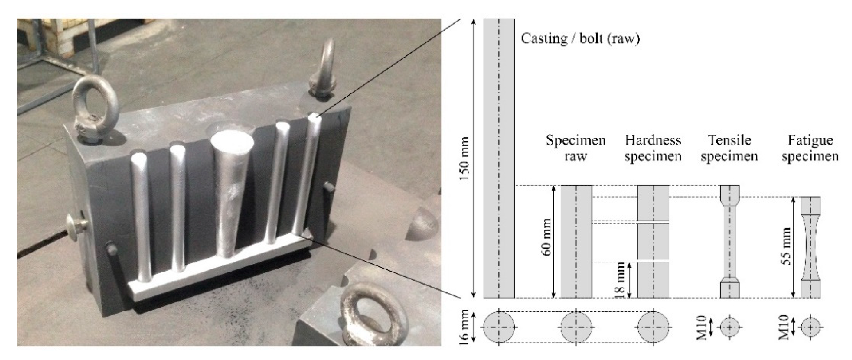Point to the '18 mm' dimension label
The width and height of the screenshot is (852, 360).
(x=620, y=280)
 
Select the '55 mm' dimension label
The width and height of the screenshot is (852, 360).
(x=788, y=246)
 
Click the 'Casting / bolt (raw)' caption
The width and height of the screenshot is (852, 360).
(x=581, y=39)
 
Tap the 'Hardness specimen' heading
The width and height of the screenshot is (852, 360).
(x=653, y=148)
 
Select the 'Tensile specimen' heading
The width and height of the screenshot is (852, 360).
(x=729, y=148)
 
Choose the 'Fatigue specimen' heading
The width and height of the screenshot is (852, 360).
(x=810, y=148)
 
